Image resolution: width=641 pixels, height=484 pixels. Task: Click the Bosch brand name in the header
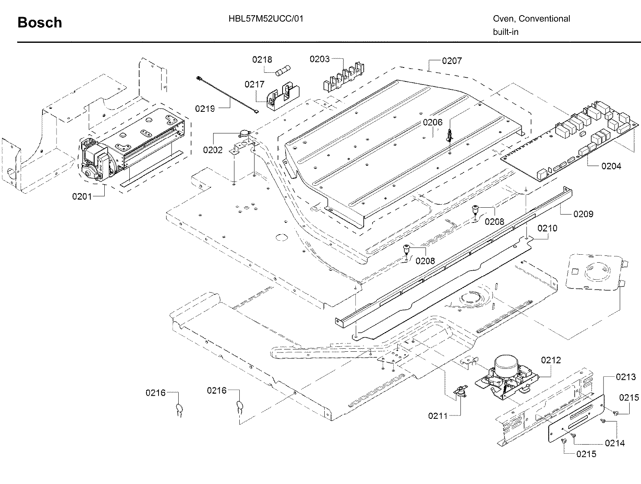click(40, 23)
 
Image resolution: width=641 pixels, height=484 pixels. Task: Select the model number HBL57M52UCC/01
click(266, 19)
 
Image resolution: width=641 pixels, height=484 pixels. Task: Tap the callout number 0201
click(82, 196)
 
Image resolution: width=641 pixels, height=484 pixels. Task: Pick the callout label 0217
click(254, 84)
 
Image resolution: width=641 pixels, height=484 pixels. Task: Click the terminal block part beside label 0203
click(343, 78)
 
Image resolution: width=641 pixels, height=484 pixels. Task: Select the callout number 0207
click(452, 61)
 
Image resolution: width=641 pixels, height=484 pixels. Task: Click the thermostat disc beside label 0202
click(244, 133)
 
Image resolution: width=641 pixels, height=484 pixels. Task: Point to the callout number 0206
click(433, 122)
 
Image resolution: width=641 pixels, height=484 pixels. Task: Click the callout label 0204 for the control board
click(611, 166)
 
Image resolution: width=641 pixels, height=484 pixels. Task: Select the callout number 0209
click(583, 214)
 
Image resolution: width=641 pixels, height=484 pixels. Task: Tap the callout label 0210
click(547, 228)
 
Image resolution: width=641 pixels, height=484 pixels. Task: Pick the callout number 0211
click(438, 416)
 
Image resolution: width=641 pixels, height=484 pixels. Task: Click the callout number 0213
click(625, 377)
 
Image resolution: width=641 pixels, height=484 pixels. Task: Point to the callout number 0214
click(615, 443)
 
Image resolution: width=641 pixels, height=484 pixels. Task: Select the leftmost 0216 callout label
click(156, 393)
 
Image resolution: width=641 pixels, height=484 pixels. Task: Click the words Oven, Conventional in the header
click(531, 19)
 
